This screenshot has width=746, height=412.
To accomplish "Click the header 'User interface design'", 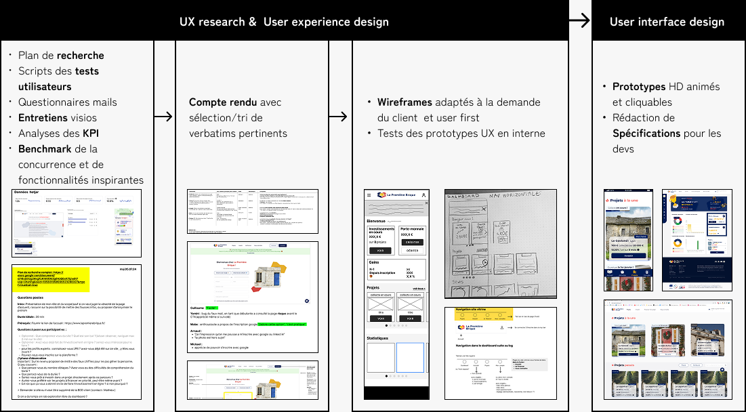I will (667, 22).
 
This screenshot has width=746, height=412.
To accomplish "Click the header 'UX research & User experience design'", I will (284, 22).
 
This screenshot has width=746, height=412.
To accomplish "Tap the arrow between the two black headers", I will (579, 21).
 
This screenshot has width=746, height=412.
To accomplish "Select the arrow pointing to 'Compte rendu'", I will (164, 117).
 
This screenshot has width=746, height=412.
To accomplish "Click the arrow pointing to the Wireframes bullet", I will (340, 117).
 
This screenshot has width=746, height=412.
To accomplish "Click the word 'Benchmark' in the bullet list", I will (43, 148).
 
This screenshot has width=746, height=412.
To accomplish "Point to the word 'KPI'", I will (91, 133).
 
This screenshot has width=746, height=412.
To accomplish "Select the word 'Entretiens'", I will (43, 117).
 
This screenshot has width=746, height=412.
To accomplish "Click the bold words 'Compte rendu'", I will (222, 102).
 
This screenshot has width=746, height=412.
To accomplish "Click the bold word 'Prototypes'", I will (639, 87).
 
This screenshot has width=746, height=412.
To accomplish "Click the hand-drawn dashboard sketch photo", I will (500, 244).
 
